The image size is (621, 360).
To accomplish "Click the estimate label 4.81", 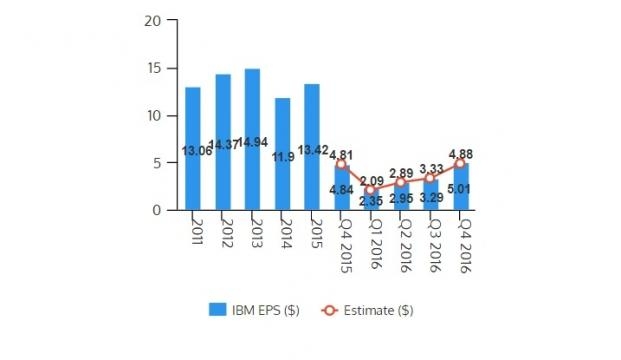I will point(342,155).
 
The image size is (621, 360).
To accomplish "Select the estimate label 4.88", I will point(460,153).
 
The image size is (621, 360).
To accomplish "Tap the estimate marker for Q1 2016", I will point(371,190).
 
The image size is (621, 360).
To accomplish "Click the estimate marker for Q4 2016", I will point(460,163).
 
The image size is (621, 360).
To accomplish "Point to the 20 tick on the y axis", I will point(152,21).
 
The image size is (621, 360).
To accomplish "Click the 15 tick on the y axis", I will point(152,68).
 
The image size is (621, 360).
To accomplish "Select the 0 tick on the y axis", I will point(156,210).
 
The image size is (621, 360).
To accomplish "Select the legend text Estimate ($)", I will point(381,310).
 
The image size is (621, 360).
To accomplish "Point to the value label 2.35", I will point(371,201).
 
